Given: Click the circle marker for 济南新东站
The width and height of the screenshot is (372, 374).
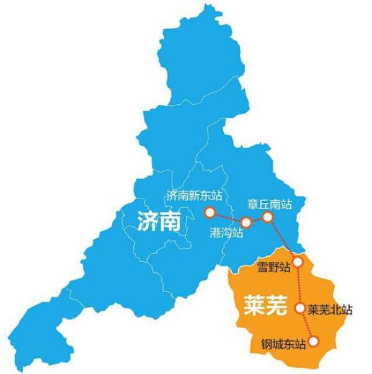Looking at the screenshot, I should [210, 213].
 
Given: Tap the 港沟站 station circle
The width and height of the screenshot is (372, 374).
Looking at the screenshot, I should [246, 222].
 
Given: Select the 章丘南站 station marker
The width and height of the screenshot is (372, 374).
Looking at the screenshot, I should [267, 216].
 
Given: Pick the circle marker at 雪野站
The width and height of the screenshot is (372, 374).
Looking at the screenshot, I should [298, 262].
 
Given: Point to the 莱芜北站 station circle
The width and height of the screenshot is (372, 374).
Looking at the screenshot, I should [300, 308].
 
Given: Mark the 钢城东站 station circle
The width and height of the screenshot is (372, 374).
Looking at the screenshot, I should [313, 341].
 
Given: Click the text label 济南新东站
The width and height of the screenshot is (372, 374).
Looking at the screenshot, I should [193, 195].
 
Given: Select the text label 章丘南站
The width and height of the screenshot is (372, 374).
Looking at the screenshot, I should [268, 202].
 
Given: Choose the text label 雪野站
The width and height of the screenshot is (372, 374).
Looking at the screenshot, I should [273, 267].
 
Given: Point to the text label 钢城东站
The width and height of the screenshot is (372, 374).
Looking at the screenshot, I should [284, 342].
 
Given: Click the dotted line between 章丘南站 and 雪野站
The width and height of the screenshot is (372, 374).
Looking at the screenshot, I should [283, 239].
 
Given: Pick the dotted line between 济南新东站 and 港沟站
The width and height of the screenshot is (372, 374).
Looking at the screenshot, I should [228, 218].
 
